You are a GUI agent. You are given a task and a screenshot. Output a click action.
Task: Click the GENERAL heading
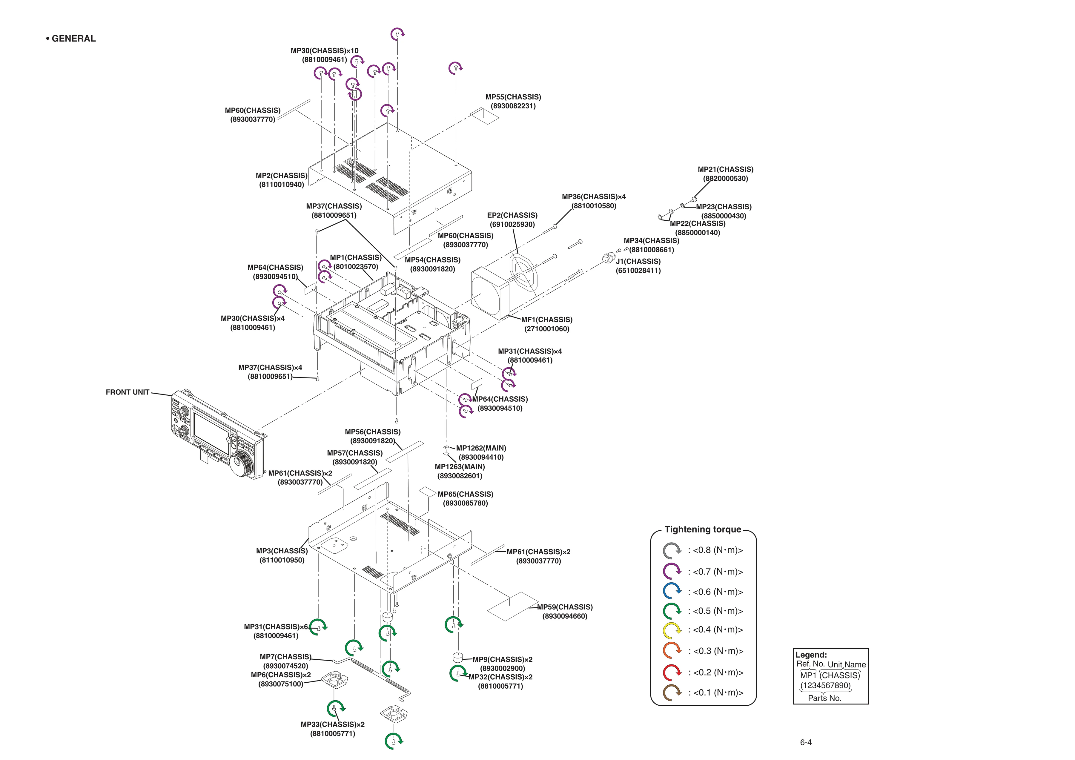[71, 39]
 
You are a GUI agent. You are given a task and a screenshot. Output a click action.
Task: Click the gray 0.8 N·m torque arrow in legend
[672, 551]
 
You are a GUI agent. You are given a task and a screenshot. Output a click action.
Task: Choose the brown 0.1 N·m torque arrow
[672, 693]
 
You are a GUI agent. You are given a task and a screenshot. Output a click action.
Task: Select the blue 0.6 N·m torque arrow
[672, 591]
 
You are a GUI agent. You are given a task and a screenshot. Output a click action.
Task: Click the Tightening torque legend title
[703, 530]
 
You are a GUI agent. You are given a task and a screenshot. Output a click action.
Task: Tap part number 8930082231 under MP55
[513, 106]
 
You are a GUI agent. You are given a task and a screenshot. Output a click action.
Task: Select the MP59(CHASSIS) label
[565, 607]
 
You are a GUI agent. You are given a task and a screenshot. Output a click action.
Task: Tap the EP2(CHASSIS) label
[512, 215]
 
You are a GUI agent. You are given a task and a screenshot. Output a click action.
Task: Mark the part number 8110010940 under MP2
[282, 185]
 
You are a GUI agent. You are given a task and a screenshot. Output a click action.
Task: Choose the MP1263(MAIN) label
[460, 466]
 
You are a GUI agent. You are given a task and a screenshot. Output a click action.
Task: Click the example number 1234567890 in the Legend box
[825, 686]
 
